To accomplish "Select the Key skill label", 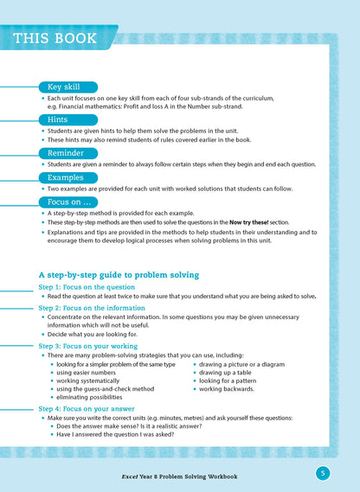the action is (62, 87).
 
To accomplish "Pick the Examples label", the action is (66, 177).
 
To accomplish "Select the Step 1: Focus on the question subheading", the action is (87, 286).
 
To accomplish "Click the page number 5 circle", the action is (321, 472).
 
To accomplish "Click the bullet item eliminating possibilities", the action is (98, 398).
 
